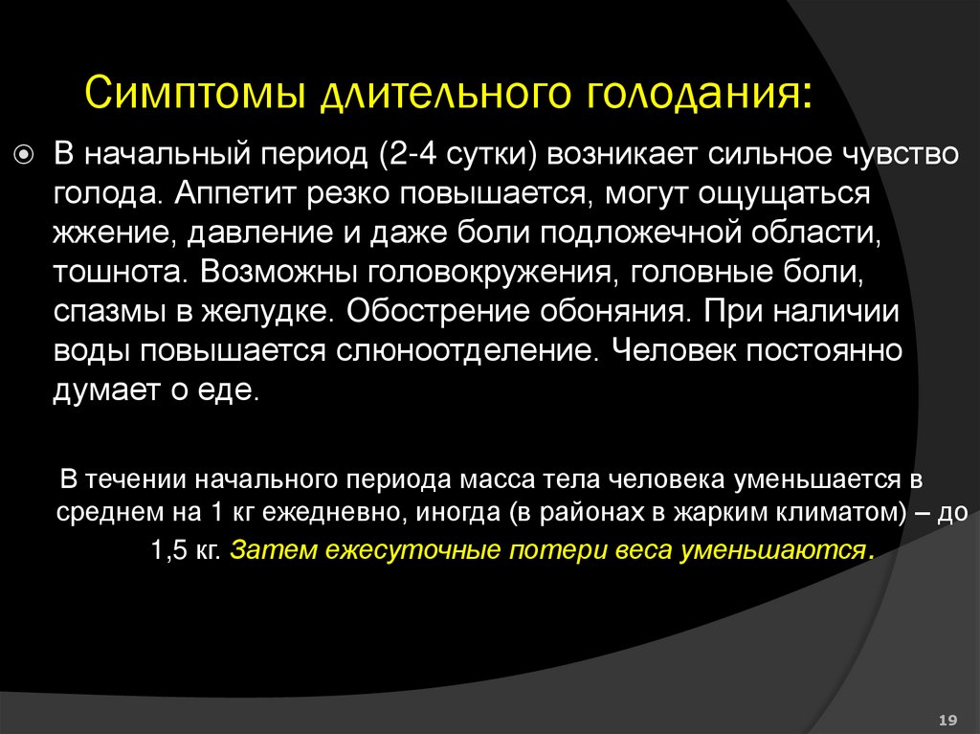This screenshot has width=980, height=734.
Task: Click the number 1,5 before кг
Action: (x=172, y=551)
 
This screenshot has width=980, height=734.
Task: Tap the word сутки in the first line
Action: (x=479, y=154)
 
